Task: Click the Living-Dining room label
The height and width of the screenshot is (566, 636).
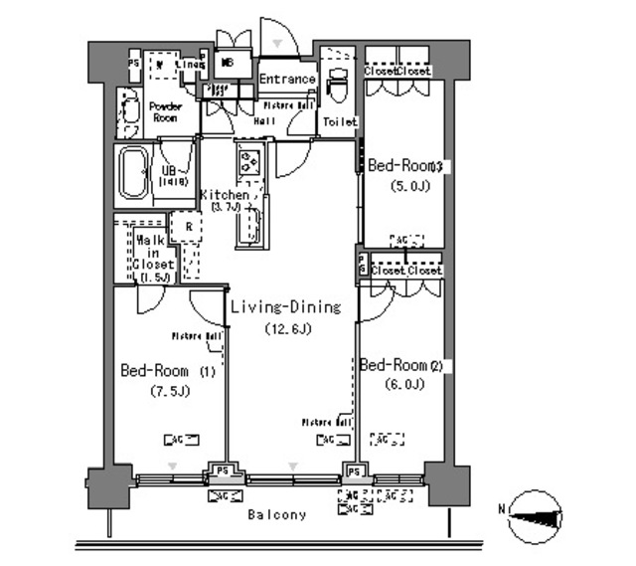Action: (285, 307)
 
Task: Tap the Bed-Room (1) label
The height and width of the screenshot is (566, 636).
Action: (167, 371)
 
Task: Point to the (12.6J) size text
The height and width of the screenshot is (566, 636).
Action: (285, 329)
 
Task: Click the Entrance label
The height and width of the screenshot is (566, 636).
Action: (287, 80)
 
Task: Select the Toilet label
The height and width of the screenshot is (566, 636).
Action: (338, 122)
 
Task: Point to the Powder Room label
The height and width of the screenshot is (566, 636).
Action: (167, 110)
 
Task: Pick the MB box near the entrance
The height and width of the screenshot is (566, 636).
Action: (228, 62)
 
